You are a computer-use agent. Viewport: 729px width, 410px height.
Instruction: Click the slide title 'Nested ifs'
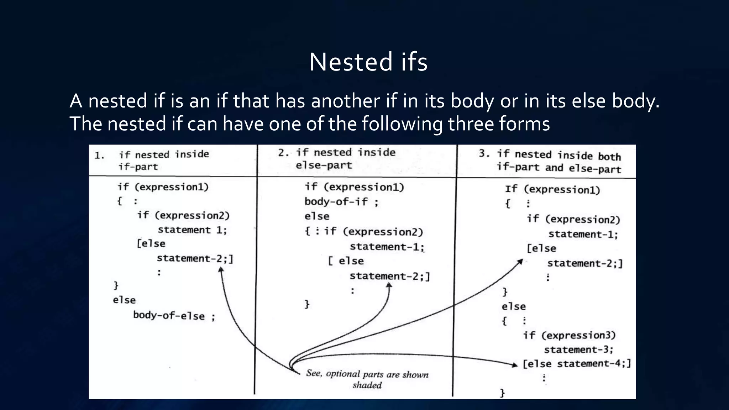tap(368, 62)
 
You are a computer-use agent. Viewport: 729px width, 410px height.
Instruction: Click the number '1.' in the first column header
tap(99, 156)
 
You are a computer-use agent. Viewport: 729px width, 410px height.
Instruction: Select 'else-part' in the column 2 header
tap(324, 165)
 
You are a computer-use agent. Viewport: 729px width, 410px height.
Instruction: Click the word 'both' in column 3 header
tap(609, 157)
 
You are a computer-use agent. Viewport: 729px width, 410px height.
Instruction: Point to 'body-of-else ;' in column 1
tap(174, 316)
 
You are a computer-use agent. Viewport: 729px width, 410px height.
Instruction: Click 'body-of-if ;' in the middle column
tap(341, 202)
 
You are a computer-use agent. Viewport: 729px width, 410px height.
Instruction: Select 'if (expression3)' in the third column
tap(569, 335)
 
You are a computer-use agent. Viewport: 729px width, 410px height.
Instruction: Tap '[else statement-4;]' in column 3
tap(577, 364)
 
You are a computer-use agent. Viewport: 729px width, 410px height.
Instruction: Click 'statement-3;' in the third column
tap(578, 349)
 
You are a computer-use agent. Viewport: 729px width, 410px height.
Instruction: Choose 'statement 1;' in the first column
tap(192, 230)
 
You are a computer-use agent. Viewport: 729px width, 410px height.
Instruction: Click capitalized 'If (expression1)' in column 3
tap(552, 189)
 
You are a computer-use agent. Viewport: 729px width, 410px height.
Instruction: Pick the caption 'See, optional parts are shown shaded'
tap(367, 379)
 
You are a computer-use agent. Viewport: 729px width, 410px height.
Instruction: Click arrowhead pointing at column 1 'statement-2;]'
tap(221, 270)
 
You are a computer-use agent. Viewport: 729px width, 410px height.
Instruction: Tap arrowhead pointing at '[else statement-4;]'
tap(515, 365)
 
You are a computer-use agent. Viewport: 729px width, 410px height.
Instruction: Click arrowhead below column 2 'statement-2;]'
tap(389, 285)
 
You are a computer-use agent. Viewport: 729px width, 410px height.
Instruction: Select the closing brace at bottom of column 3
tap(502, 393)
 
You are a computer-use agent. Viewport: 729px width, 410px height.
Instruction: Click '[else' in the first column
tap(151, 244)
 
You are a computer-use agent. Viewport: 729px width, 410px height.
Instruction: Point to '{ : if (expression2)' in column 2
tap(364, 232)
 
